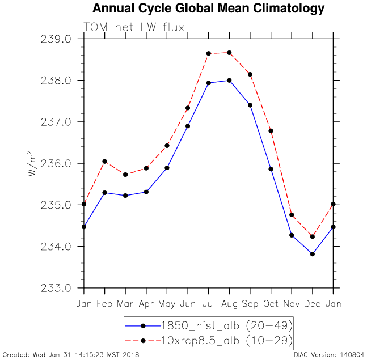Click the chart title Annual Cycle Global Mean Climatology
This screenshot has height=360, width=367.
[208, 9]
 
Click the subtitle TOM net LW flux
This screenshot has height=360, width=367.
[134, 27]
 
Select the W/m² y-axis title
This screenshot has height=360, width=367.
[33, 164]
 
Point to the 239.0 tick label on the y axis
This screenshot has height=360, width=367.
[56, 40]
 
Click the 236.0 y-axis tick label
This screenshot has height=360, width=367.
[56, 164]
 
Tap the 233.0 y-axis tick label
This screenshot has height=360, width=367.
[56, 288]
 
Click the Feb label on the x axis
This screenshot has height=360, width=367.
[105, 304]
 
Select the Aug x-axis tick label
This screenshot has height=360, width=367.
[229, 304]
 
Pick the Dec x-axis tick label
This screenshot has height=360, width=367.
[312, 304]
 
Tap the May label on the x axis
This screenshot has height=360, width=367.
[167, 304]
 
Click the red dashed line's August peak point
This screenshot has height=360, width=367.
[229, 53]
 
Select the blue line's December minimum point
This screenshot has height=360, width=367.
[312, 254]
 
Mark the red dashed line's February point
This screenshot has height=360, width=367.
[105, 162]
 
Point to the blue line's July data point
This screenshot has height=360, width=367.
[209, 83]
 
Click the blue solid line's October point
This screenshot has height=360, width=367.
[271, 169]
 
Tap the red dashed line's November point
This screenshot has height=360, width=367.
[292, 215]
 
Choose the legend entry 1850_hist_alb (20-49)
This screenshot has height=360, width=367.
[227, 325]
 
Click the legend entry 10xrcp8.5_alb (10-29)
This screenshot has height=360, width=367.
[227, 340]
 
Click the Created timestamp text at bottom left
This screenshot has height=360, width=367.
[71, 355]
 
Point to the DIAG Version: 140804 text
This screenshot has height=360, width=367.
[328, 355]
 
